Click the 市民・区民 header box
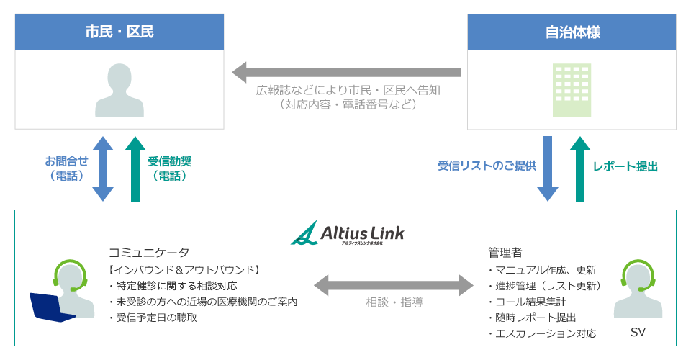[x=119, y=32]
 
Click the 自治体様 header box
[x=572, y=32]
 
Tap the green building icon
[x=572, y=90]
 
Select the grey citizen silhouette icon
[x=119, y=91]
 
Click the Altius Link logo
[x=347, y=233]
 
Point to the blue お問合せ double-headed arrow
[x=103, y=168]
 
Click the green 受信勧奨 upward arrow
[x=135, y=168]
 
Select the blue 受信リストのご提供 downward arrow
[x=548, y=168]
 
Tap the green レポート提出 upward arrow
[x=579, y=168]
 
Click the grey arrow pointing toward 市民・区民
[x=345, y=72]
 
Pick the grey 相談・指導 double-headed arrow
[x=394, y=284]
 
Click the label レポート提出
[x=625, y=166]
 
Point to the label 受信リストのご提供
[x=487, y=166]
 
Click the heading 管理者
[x=505, y=252]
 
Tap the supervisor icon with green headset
[x=638, y=289]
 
